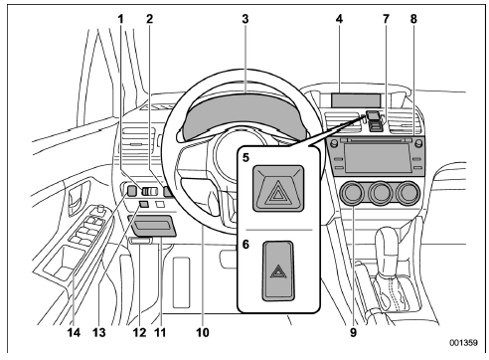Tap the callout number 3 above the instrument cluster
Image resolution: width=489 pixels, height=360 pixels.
tap(244, 19)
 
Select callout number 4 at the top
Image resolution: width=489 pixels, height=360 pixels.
tap(340, 19)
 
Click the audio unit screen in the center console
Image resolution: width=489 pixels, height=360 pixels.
tap(382, 155)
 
